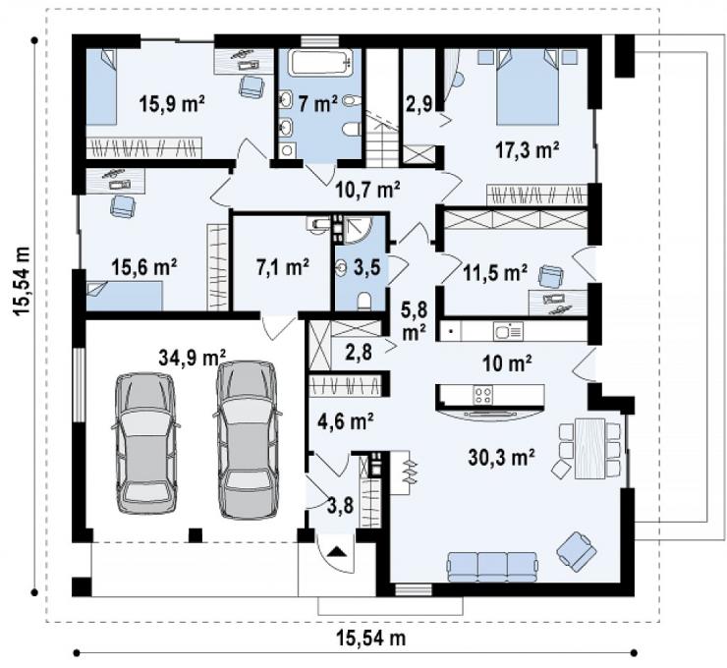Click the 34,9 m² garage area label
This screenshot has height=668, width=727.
point(192,358)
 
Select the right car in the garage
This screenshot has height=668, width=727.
point(248,439)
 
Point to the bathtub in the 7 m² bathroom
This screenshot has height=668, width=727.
point(319,63)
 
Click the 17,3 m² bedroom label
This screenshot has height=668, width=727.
point(528,150)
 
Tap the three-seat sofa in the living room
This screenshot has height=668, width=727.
point(492,566)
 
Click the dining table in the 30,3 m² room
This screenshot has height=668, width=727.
point(589,448)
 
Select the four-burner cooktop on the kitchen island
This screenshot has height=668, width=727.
point(483,395)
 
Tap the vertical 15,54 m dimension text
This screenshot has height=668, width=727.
point(23,281)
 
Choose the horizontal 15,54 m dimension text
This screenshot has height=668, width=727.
point(370,638)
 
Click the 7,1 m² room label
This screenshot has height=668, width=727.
point(282,267)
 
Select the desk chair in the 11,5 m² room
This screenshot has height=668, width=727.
point(550,276)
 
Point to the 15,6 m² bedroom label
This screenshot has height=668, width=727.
point(143,267)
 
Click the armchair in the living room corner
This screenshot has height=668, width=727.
point(577,551)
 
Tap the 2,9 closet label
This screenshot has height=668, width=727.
point(419,103)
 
